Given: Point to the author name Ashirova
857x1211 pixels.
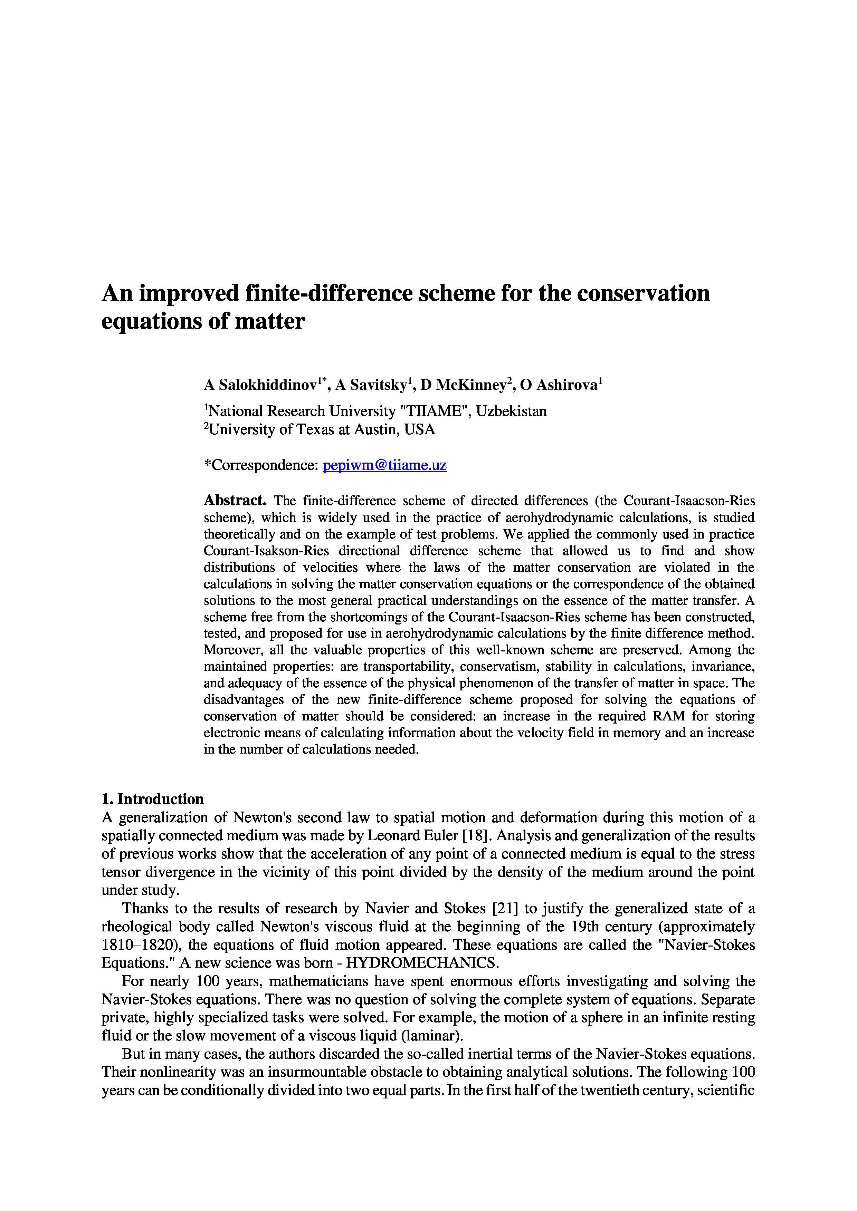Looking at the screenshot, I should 566,385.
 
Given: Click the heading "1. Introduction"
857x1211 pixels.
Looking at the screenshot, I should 153,799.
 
